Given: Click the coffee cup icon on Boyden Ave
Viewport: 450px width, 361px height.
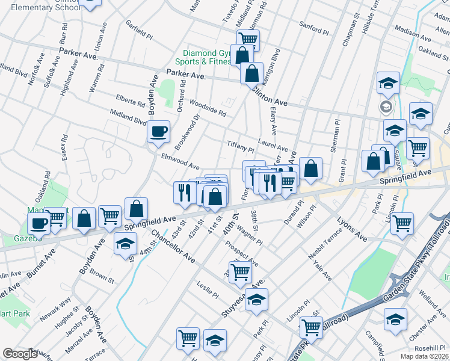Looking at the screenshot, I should pos(158,131).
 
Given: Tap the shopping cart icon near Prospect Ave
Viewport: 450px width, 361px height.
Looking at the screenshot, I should pos(241,271).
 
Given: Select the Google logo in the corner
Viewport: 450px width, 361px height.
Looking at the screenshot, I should pos(20,354).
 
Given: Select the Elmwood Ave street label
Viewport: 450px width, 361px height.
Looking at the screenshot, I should pos(180,161).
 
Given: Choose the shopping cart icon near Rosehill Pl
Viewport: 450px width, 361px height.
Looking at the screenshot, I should pos(310,327).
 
